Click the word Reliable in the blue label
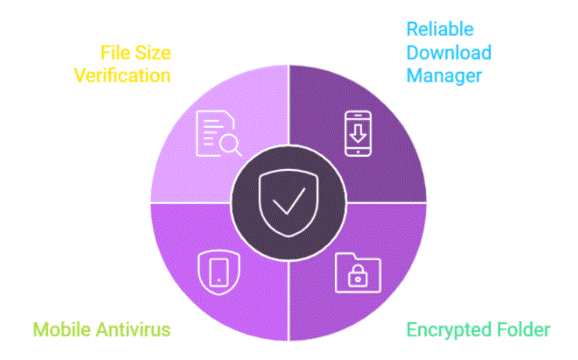440,29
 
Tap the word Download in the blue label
449,52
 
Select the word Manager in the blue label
444,76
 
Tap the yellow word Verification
122,76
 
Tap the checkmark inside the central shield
289,201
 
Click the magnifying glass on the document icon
231,145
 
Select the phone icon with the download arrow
358,133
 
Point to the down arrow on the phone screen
358,133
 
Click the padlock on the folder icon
358,276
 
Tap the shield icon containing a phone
219,273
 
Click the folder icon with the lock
358,273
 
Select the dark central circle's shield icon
288,203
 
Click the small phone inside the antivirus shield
219,272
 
